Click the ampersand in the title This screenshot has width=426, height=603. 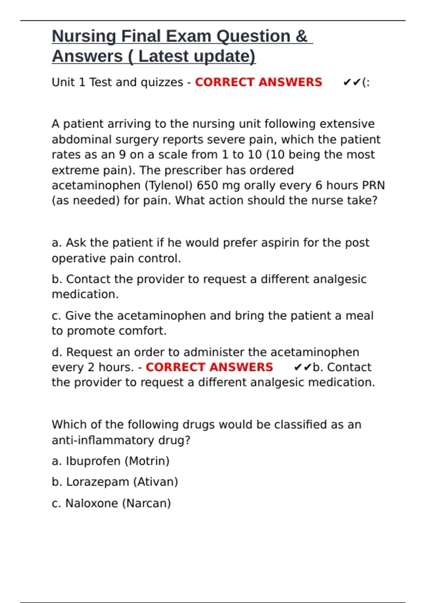click(x=301, y=37)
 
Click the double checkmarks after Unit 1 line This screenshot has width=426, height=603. click(x=352, y=82)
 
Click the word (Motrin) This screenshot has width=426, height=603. click(x=147, y=461)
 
